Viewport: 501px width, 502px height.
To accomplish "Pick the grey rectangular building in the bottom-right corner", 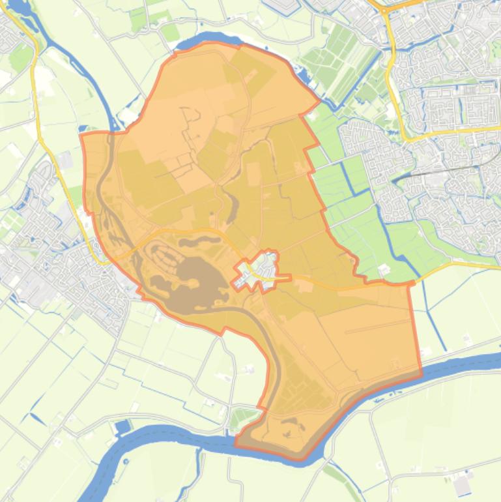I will pos(463,484).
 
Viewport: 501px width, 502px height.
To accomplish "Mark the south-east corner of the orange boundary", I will pos(421,374).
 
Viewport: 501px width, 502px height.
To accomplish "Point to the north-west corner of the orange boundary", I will pos(81,134).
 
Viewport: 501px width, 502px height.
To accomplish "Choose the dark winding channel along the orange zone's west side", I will pos(104,196).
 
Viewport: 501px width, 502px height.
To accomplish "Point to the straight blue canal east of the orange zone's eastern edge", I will pos(427,313).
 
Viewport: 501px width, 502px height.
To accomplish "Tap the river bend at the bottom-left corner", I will pos(104,469).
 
